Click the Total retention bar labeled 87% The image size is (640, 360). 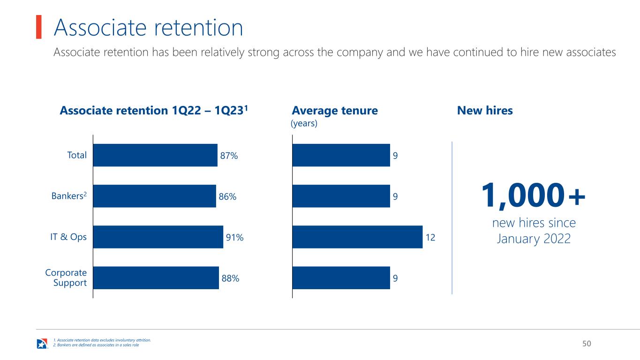point(155,155)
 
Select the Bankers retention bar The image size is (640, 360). point(155,196)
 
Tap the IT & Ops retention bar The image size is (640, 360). point(158,237)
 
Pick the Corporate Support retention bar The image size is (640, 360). point(156,277)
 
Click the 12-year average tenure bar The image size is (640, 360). point(357,237)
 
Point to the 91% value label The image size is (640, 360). point(234,238)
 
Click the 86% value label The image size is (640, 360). point(227,196)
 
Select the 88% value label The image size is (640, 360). point(230,278)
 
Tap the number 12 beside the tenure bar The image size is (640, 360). point(430,238)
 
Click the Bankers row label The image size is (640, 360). point(69,196)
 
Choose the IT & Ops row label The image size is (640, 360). point(68,237)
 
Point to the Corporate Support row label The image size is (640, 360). point(66,277)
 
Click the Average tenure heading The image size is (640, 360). point(335,111)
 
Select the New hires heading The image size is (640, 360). point(485,111)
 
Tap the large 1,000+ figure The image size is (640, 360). point(533,196)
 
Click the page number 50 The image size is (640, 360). point(587,344)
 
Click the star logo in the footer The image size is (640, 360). point(42,344)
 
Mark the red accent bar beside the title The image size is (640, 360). point(39,27)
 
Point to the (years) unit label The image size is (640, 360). point(304,123)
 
